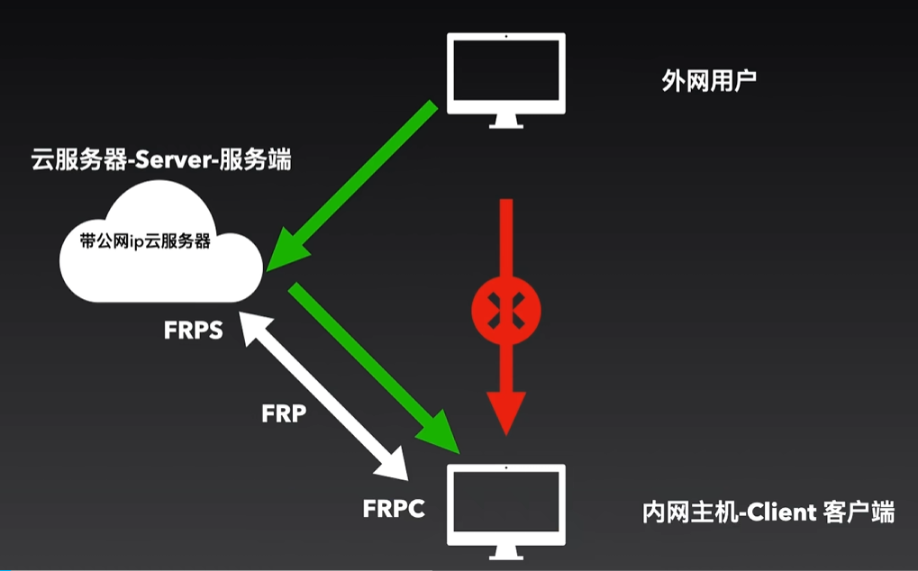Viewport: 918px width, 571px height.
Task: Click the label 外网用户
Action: click(x=709, y=82)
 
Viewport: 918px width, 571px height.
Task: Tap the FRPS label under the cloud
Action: click(x=193, y=330)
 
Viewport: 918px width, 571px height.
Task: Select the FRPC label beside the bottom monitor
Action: click(x=394, y=508)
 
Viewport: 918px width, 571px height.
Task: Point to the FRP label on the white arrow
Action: click(x=285, y=414)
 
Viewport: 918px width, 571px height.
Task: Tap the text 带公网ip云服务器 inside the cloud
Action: click(x=145, y=242)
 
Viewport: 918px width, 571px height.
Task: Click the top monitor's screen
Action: click(x=507, y=71)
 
